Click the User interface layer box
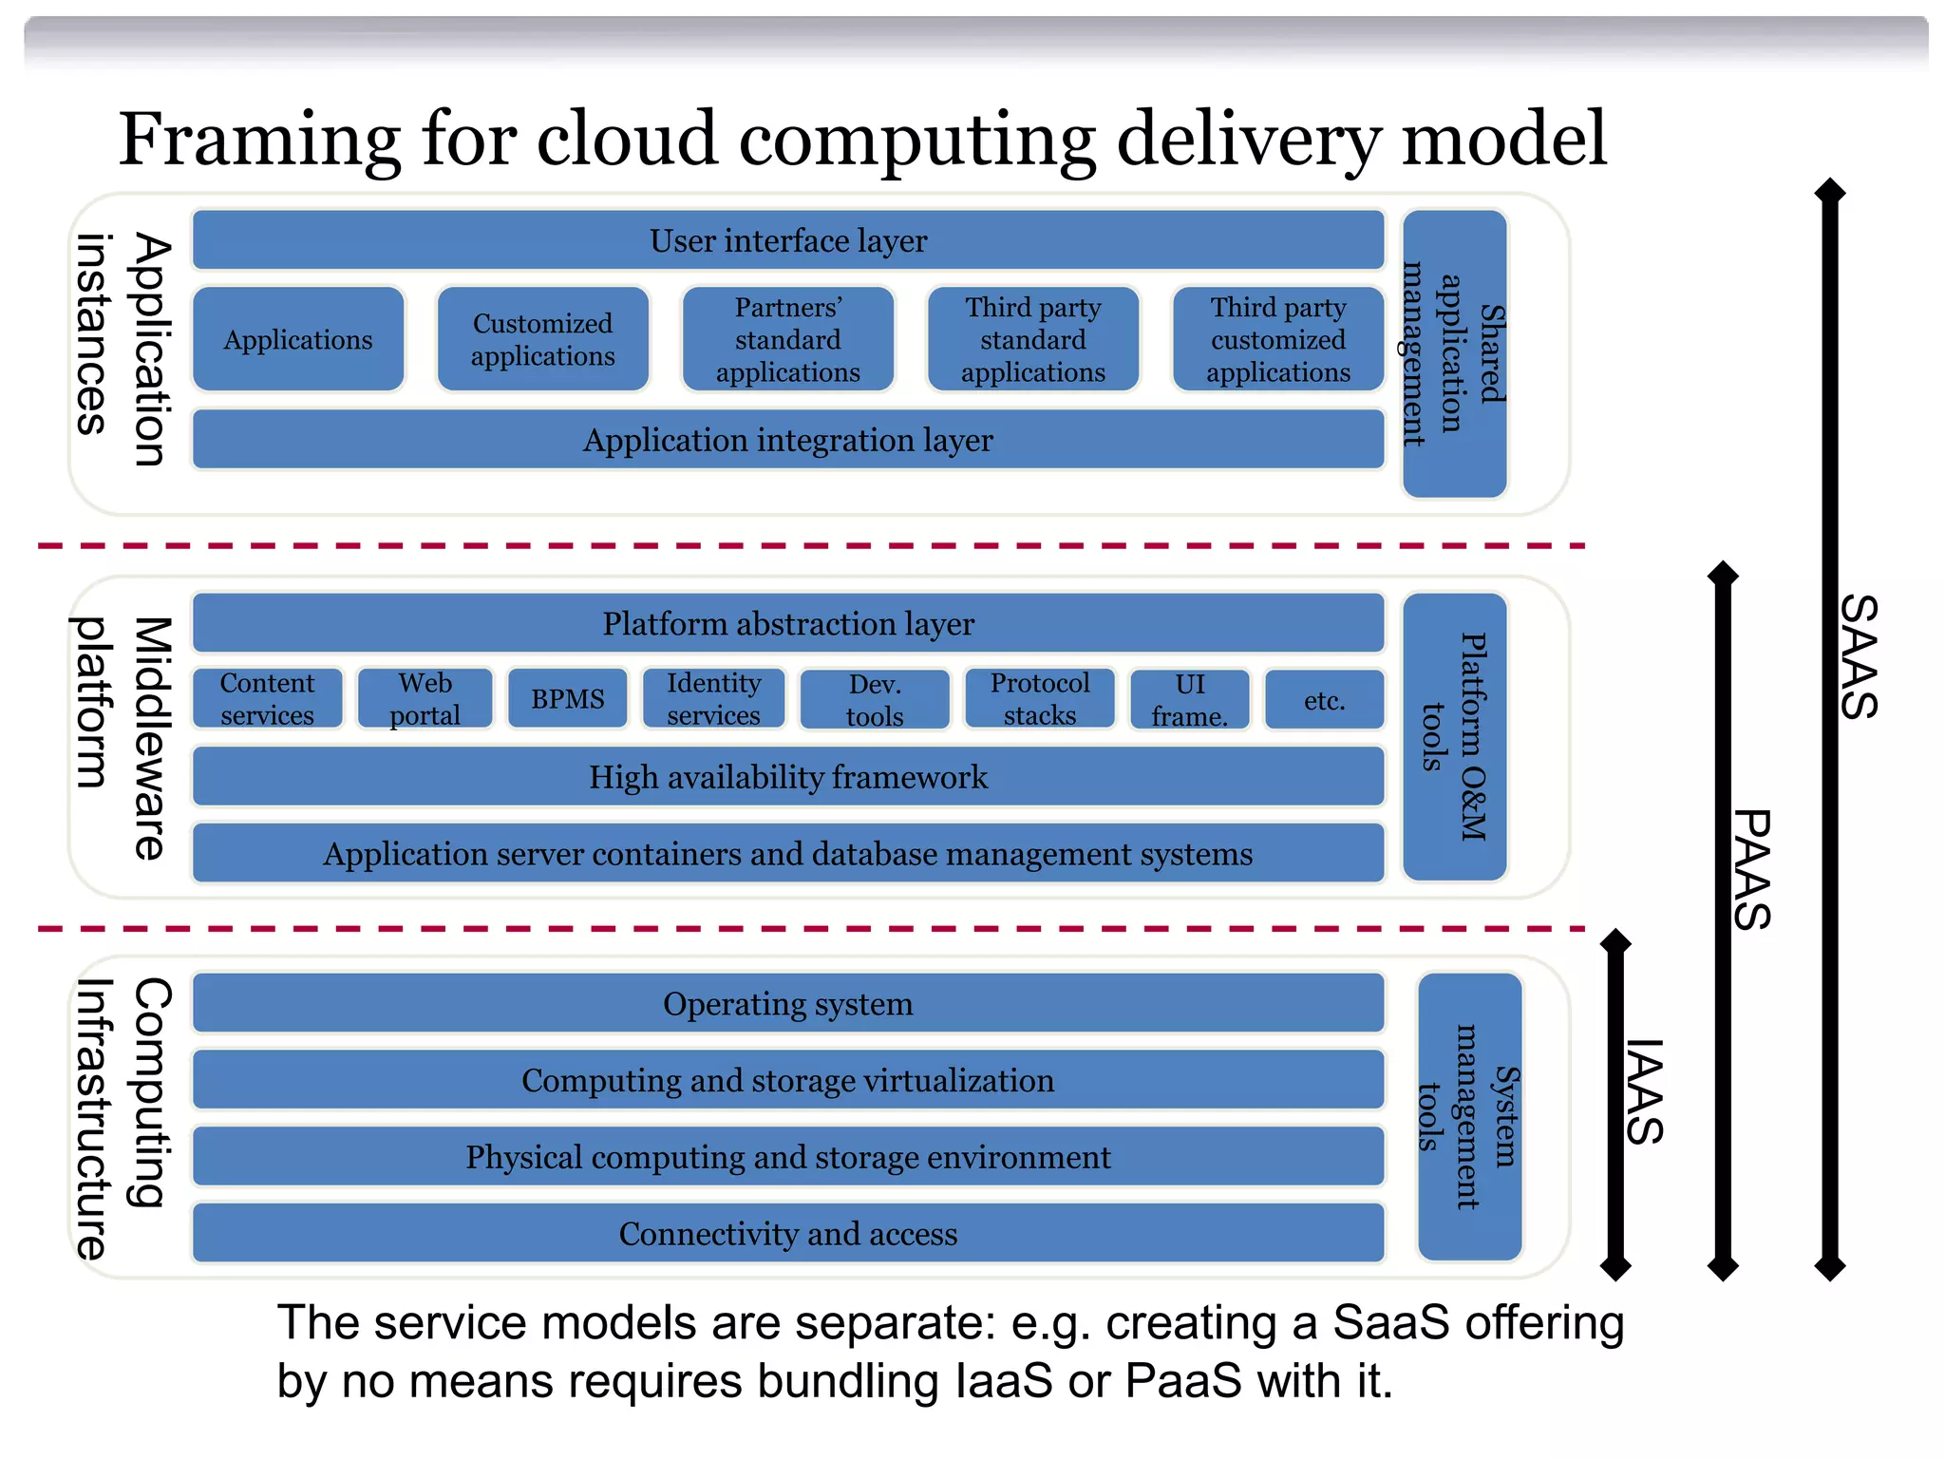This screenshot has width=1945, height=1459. (788, 240)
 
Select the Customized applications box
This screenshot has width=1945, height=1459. (543, 339)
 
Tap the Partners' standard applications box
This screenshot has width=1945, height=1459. (788, 339)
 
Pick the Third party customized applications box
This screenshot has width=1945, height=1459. (1278, 339)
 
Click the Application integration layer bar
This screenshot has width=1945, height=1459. (788, 440)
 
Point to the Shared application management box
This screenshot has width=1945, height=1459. (1454, 353)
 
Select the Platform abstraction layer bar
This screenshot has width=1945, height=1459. (788, 623)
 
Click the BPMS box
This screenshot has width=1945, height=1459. (568, 699)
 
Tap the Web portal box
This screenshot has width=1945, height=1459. (425, 699)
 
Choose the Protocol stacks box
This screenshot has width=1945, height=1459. (1040, 699)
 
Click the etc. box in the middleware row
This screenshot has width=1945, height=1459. (1324, 700)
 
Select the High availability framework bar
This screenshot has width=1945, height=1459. (788, 777)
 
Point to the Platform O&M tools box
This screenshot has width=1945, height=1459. (1454, 736)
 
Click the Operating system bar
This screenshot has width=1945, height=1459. (788, 1003)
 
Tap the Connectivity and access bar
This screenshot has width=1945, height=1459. (788, 1233)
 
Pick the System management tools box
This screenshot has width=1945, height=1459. (1469, 1116)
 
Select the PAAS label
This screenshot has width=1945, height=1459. (1751, 869)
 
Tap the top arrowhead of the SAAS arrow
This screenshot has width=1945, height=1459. (1830, 191)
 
